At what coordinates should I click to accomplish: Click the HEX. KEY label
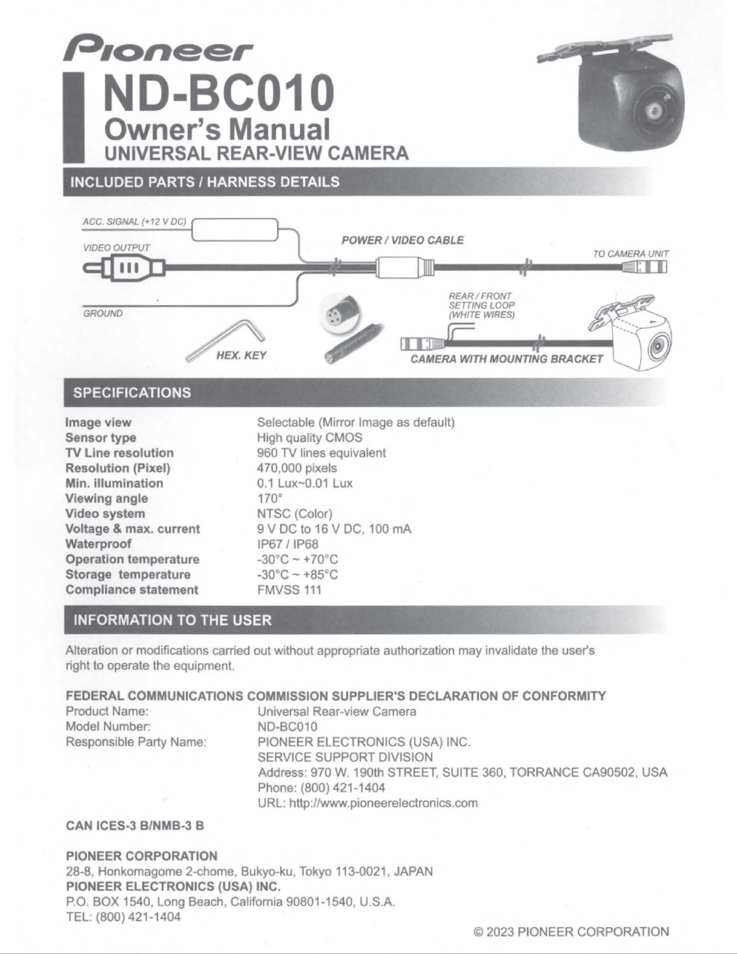pyautogui.click(x=241, y=355)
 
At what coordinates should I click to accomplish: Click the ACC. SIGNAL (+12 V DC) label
pyautogui.click(x=134, y=222)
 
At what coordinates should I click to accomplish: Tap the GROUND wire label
pyautogui.click(x=103, y=313)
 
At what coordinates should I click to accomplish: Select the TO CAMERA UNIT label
pyautogui.click(x=631, y=254)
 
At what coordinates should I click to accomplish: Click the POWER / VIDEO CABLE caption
pyautogui.click(x=402, y=240)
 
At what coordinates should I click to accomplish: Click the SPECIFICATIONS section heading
pyautogui.click(x=132, y=392)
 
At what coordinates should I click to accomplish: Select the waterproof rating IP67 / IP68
pyautogui.click(x=287, y=544)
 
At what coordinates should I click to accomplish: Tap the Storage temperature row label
pyautogui.click(x=128, y=574)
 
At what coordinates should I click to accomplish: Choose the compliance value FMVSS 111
pyautogui.click(x=289, y=590)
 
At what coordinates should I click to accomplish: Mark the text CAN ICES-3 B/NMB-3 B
pyautogui.click(x=135, y=825)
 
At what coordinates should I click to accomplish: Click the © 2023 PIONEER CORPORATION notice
pyautogui.click(x=571, y=931)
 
